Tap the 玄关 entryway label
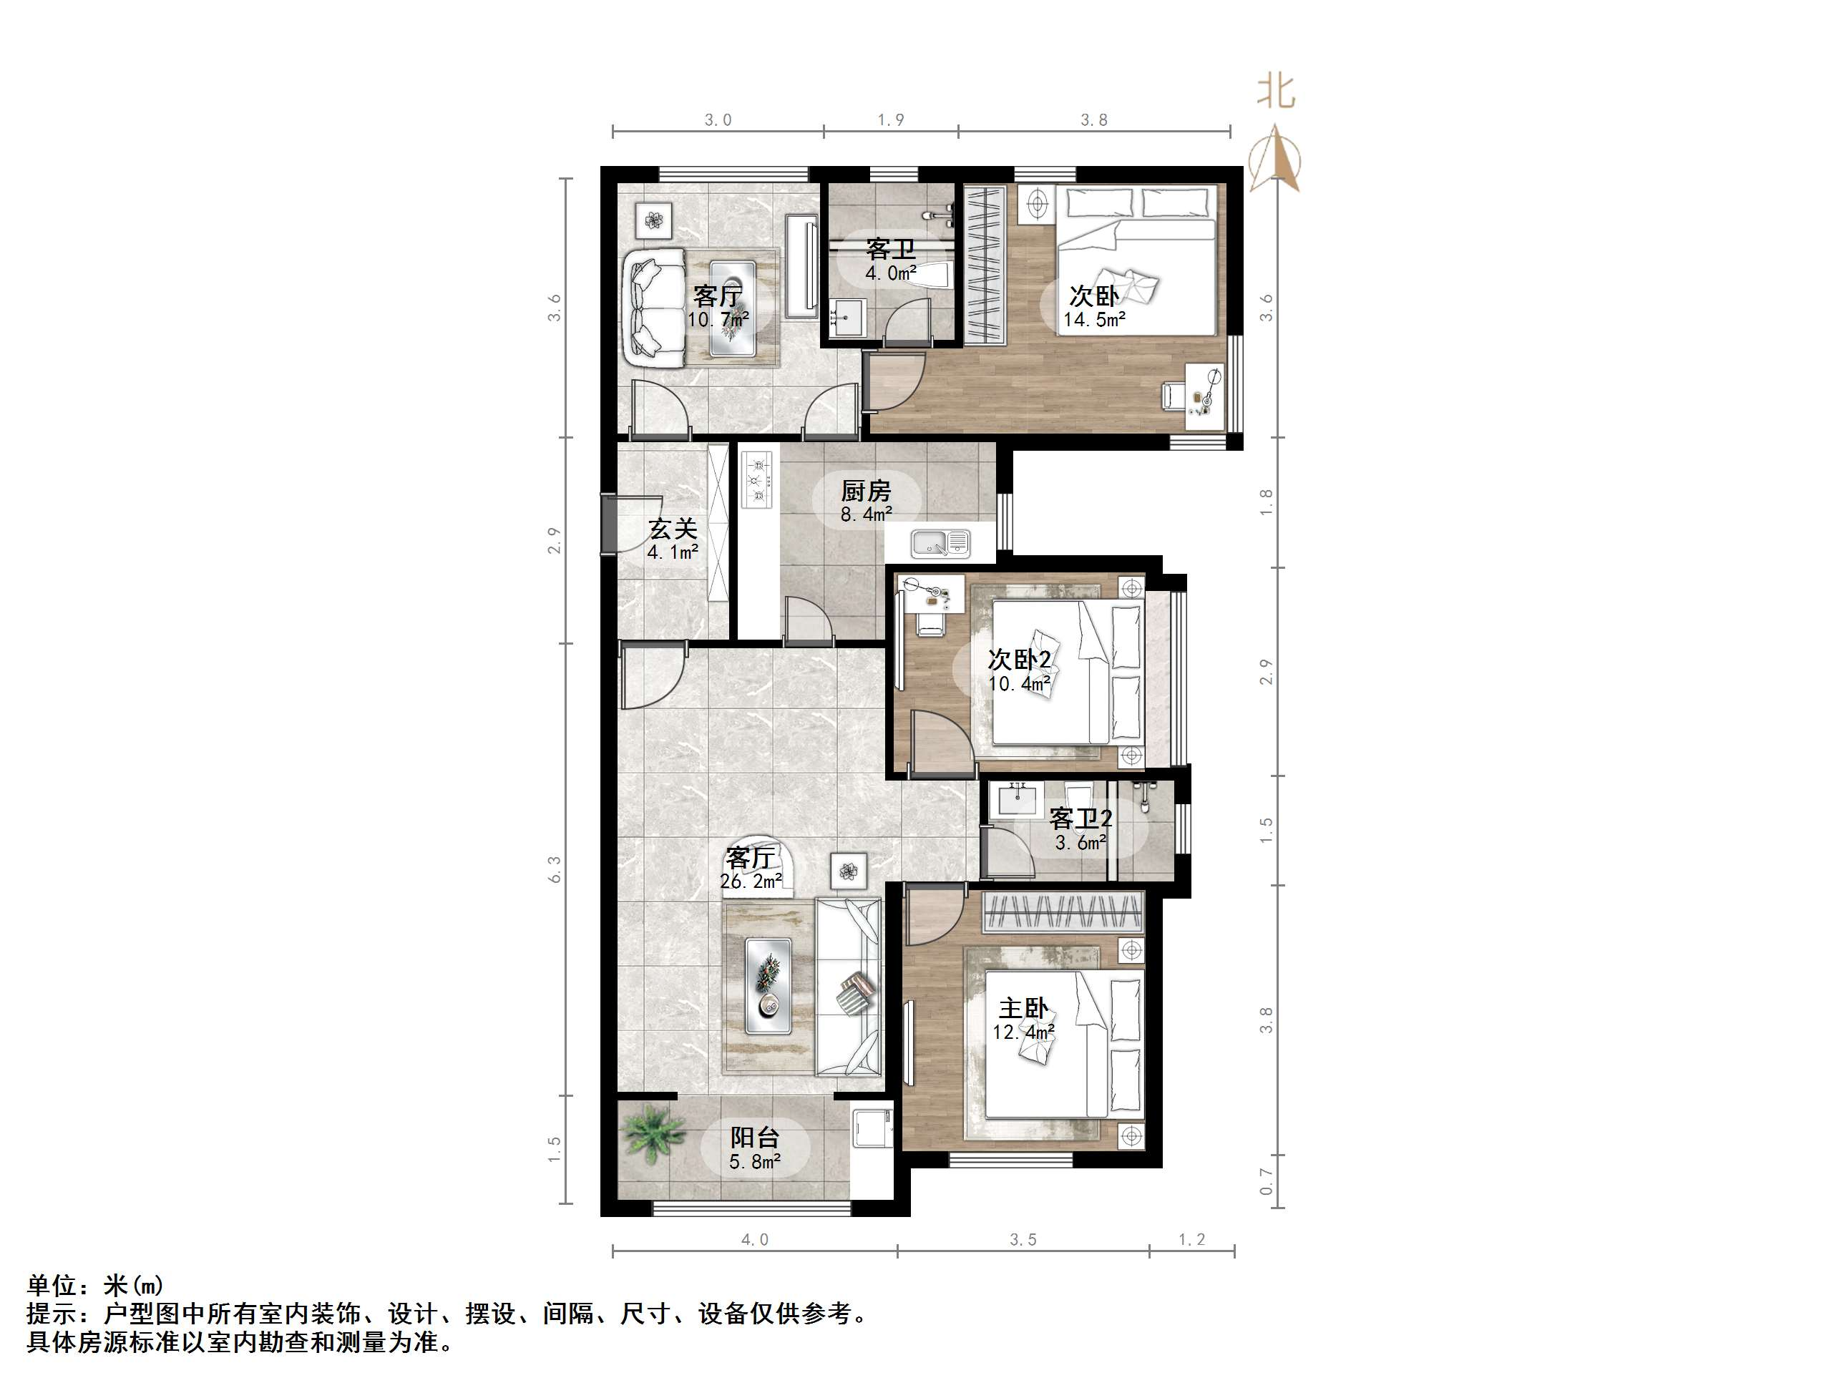click(673, 529)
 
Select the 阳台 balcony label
click(754, 1137)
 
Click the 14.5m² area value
click(1095, 319)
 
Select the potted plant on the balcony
click(653, 1133)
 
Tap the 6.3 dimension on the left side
click(555, 869)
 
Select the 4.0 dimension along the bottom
click(754, 1240)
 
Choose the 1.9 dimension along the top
click(890, 120)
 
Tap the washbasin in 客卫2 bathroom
click(1015, 801)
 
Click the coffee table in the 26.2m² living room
click(768, 986)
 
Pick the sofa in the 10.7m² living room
click(656, 308)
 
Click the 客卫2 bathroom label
click(1080, 818)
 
